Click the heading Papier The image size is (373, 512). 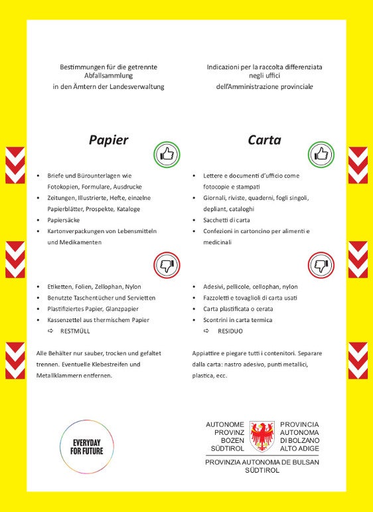[x=108, y=140]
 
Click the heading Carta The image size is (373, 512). [x=264, y=140]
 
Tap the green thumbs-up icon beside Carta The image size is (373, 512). [x=321, y=155]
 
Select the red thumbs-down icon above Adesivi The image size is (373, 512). [x=321, y=266]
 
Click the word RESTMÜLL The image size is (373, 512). [x=75, y=331]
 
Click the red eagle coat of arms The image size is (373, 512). [x=262, y=436]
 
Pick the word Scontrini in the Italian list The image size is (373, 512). [x=218, y=320]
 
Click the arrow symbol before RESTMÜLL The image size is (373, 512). [x=50, y=331]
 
